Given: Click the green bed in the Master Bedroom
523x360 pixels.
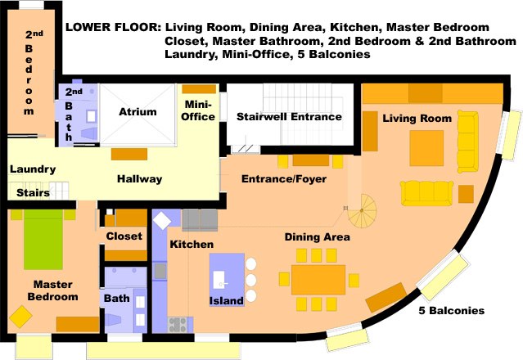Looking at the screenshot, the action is tap(43, 240).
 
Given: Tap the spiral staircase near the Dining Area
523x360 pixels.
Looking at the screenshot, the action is tap(363, 211).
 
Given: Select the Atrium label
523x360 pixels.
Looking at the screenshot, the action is tap(138, 111).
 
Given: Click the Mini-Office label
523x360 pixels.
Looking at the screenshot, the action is tap(198, 110).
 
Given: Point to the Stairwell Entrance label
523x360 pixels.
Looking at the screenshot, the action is tap(289, 117).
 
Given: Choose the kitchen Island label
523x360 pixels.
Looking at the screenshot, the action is tap(227, 300).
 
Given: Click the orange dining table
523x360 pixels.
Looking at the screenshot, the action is tap(318, 280).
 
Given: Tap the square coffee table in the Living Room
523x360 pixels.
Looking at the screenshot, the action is tap(426, 148).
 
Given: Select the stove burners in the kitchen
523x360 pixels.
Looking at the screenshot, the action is tap(177, 325).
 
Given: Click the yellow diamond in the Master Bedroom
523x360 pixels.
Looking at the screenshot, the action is tap(20, 317).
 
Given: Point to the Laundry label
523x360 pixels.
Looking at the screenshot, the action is tap(33, 169).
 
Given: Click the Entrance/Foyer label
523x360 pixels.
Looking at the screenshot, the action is tap(284, 179).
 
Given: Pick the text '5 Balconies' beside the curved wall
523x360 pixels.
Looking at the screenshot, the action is tap(452, 311).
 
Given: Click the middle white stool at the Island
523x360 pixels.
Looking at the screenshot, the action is tap(250, 280).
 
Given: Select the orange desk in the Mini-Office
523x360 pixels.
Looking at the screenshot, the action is tap(199, 89).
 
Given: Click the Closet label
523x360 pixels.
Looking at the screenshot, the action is tap(124, 236).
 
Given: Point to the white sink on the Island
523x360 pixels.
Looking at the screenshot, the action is tap(219, 279).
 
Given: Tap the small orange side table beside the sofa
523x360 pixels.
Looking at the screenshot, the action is tap(466, 194).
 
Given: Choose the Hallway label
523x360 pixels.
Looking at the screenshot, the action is tap(140, 179).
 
